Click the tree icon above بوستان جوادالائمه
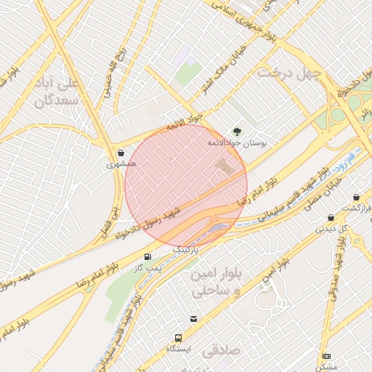coord(237,132)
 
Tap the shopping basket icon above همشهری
coord(120,153)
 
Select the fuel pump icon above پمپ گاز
coord(148,256)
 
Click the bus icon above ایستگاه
coord(178,338)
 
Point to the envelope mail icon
coord(193,319)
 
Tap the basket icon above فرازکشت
coord(356,197)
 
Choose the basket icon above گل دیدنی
coord(331,217)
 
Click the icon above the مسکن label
coord(327,356)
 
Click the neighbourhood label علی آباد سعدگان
coord(55,92)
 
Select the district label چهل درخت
coord(289,75)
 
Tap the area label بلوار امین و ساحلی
coord(212,283)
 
